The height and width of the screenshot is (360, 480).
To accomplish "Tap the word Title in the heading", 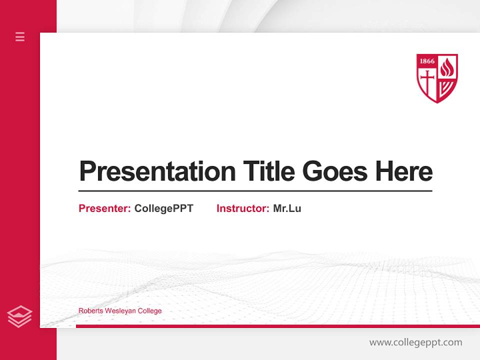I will pos(268,171).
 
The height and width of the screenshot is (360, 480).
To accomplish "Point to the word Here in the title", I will pos(403,171).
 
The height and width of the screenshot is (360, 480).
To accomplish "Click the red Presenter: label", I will pos(104,208).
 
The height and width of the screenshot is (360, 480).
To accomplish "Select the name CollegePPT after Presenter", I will pos(163,208).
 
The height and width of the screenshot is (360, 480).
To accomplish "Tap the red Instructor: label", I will pos(242,208).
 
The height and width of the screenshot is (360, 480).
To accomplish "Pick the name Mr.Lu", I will pos(287,208).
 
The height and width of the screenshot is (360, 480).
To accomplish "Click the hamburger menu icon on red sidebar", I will pos(20,36).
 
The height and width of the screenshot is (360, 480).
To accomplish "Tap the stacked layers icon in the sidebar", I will pos(20,316).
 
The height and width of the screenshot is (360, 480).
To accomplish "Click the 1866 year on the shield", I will pos(426,61).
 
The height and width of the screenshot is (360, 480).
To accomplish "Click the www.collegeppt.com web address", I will pos(415,342).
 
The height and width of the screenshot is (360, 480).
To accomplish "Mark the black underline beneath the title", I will pos(255,190).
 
